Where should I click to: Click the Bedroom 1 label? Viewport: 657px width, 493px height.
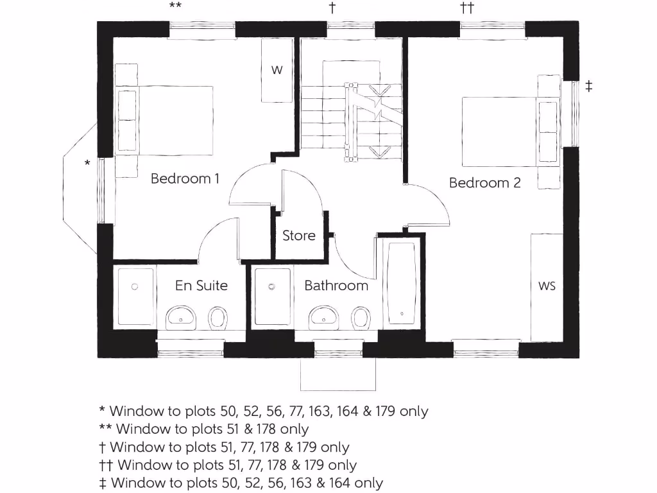[x=185, y=178]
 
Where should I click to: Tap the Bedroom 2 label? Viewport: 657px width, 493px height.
[x=484, y=182]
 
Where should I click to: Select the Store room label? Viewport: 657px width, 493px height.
[x=299, y=236]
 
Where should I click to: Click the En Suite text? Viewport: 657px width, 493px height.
[x=201, y=286]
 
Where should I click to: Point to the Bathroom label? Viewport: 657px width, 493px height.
[x=336, y=286]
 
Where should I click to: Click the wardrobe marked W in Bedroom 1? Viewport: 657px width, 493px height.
[x=277, y=71]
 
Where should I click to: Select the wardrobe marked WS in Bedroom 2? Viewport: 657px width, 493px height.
[x=547, y=286]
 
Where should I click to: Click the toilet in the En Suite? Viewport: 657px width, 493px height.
[x=219, y=317]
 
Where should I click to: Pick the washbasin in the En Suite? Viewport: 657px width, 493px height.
[x=181, y=316]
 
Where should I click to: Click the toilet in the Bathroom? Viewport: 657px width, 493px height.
[x=361, y=317]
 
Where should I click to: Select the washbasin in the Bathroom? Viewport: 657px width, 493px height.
[x=324, y=316]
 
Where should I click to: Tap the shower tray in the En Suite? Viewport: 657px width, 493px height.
[x=135, y=298]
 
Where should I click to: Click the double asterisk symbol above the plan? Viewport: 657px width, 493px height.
[x=175, y=7]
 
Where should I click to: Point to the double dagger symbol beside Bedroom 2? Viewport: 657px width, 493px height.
[x=588, y=86]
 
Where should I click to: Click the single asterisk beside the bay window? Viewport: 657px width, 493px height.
[x=87, y=164]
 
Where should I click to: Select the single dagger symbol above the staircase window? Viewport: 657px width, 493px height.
[x=332, y=8]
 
